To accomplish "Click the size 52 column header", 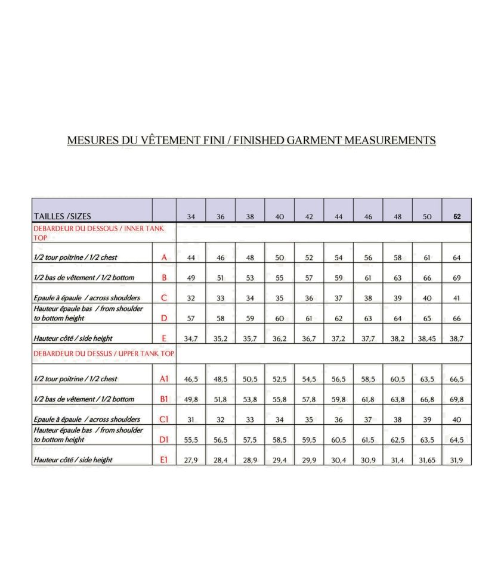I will (x=457, y=217).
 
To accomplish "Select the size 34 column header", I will (x=191, y=217).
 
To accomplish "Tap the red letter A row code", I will (x=164, y=257).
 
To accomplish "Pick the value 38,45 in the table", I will (x=427, y=338).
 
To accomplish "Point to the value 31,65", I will (x=427, y=460).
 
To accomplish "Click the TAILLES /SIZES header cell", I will (x=63, y=216).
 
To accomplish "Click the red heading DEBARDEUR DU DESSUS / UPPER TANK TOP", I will (x=104, y=353).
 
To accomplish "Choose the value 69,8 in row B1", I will (x=457, y=399).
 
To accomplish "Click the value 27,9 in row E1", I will (x=191, y=460).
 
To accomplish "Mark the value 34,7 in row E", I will (x=191, y=338).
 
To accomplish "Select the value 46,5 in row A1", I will (x=191, y=379).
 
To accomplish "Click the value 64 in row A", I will (x=457, y=257).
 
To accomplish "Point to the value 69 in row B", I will (x=457, y=278).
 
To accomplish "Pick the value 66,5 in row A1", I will (x=457, y=379).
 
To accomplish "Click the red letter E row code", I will (x=164, y=338).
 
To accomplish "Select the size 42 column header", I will (x=309, y=217).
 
